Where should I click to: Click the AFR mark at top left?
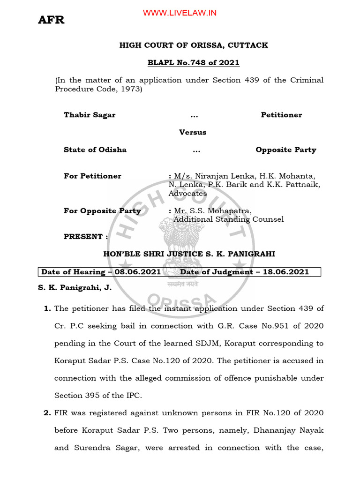(x=51, y=20)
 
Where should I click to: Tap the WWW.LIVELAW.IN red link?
(x=180, y=13)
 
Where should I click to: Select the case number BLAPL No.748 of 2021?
(x=194, y=63)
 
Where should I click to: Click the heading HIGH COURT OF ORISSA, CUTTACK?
(x=194, y=45)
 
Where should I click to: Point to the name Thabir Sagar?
(x=90, y=115)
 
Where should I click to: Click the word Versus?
(x=193, y=132)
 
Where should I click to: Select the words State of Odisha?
(x=95, y=150)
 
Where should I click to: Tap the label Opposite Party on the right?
(x=285, y=150)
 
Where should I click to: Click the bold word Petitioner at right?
(x=281, y=115)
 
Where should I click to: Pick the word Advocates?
(x=187, y=193)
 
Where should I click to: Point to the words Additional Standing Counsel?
(x=228, y=219)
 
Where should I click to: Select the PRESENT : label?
(x=86, y=237)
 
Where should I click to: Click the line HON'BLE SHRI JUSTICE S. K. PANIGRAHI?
(x=189, y=254)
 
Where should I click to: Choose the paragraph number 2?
(x=47, y=413)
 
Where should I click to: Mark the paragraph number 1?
(x=47, y=308)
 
